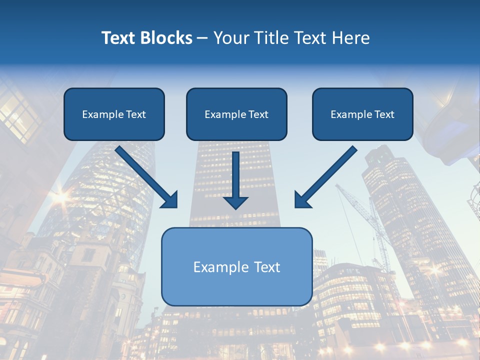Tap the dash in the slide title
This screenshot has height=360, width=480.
202,38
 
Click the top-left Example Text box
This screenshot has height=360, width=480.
114,114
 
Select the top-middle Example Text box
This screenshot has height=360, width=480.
236,114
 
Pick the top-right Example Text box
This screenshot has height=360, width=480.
362,114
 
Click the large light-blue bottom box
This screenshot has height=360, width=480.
236,266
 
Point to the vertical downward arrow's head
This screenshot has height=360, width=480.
235,202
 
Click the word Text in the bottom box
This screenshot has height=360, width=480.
267,267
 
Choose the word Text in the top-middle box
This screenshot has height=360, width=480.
258,114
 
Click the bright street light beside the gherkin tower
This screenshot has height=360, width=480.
60,197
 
